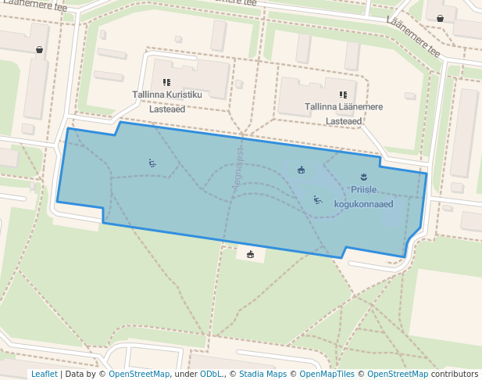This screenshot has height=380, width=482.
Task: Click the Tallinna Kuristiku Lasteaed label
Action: (167, 102)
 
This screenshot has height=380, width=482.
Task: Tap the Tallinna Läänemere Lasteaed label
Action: (344, 113)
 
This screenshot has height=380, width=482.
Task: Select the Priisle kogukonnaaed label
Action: (363, 197)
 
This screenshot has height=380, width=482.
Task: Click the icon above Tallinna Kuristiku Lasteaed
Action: (166, 82)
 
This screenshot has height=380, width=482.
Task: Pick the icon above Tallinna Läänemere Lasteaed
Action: (343, 95)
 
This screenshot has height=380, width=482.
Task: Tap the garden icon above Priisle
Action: (362, 177)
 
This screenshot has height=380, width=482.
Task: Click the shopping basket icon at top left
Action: (39, 49)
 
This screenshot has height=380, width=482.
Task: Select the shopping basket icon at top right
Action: (440, 18)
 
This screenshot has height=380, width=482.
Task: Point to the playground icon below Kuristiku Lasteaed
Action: (152, 163)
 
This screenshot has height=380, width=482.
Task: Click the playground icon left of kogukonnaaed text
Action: (317, 199)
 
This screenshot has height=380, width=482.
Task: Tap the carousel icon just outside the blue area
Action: (250, 253)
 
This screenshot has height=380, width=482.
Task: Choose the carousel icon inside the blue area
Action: (302, 170)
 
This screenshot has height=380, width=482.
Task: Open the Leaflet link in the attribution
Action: (44, 375)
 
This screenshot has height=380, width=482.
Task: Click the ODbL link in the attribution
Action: (210, 375)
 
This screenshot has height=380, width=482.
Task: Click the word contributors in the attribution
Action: (455, 375)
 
